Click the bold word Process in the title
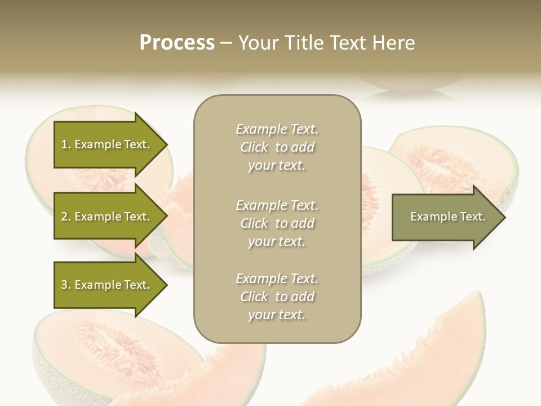pyautogui.click(x=177, y=42)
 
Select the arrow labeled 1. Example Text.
pyautogui.click(x=107, y=144)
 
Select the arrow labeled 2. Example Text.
pyautogui.click(x=107, y=217)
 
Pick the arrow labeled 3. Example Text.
pyautogui.click(x=107, y=285)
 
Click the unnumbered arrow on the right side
pyautogui.click(x=445, y=217)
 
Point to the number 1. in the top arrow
pyautogui.click(x=66, y=144)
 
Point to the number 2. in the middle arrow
pyautogui.click(x=66, y=217)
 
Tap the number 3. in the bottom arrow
pyautogui.click(x=66, y=285)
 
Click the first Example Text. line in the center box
pyautogui.click(x=277, y=129)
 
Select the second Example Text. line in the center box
pyautogui.click(x=277, y=205)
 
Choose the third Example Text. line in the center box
pyautogui.click(x=277, y=279)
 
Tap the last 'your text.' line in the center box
pyautogui.click(x=277, y=315)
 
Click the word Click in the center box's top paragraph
pyautogui.click(x=254, y=147)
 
